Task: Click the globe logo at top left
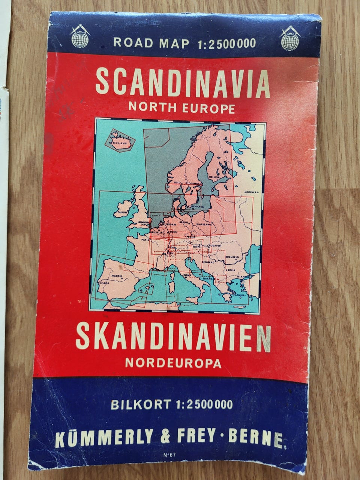[80, 36]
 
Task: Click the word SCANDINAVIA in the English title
[183, 83]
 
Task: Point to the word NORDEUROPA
[173, 363]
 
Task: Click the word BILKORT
[140, 405]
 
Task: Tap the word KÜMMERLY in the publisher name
[104, 436]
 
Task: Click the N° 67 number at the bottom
[169, 456]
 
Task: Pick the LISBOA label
[103, 283]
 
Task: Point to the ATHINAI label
[240, 295]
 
